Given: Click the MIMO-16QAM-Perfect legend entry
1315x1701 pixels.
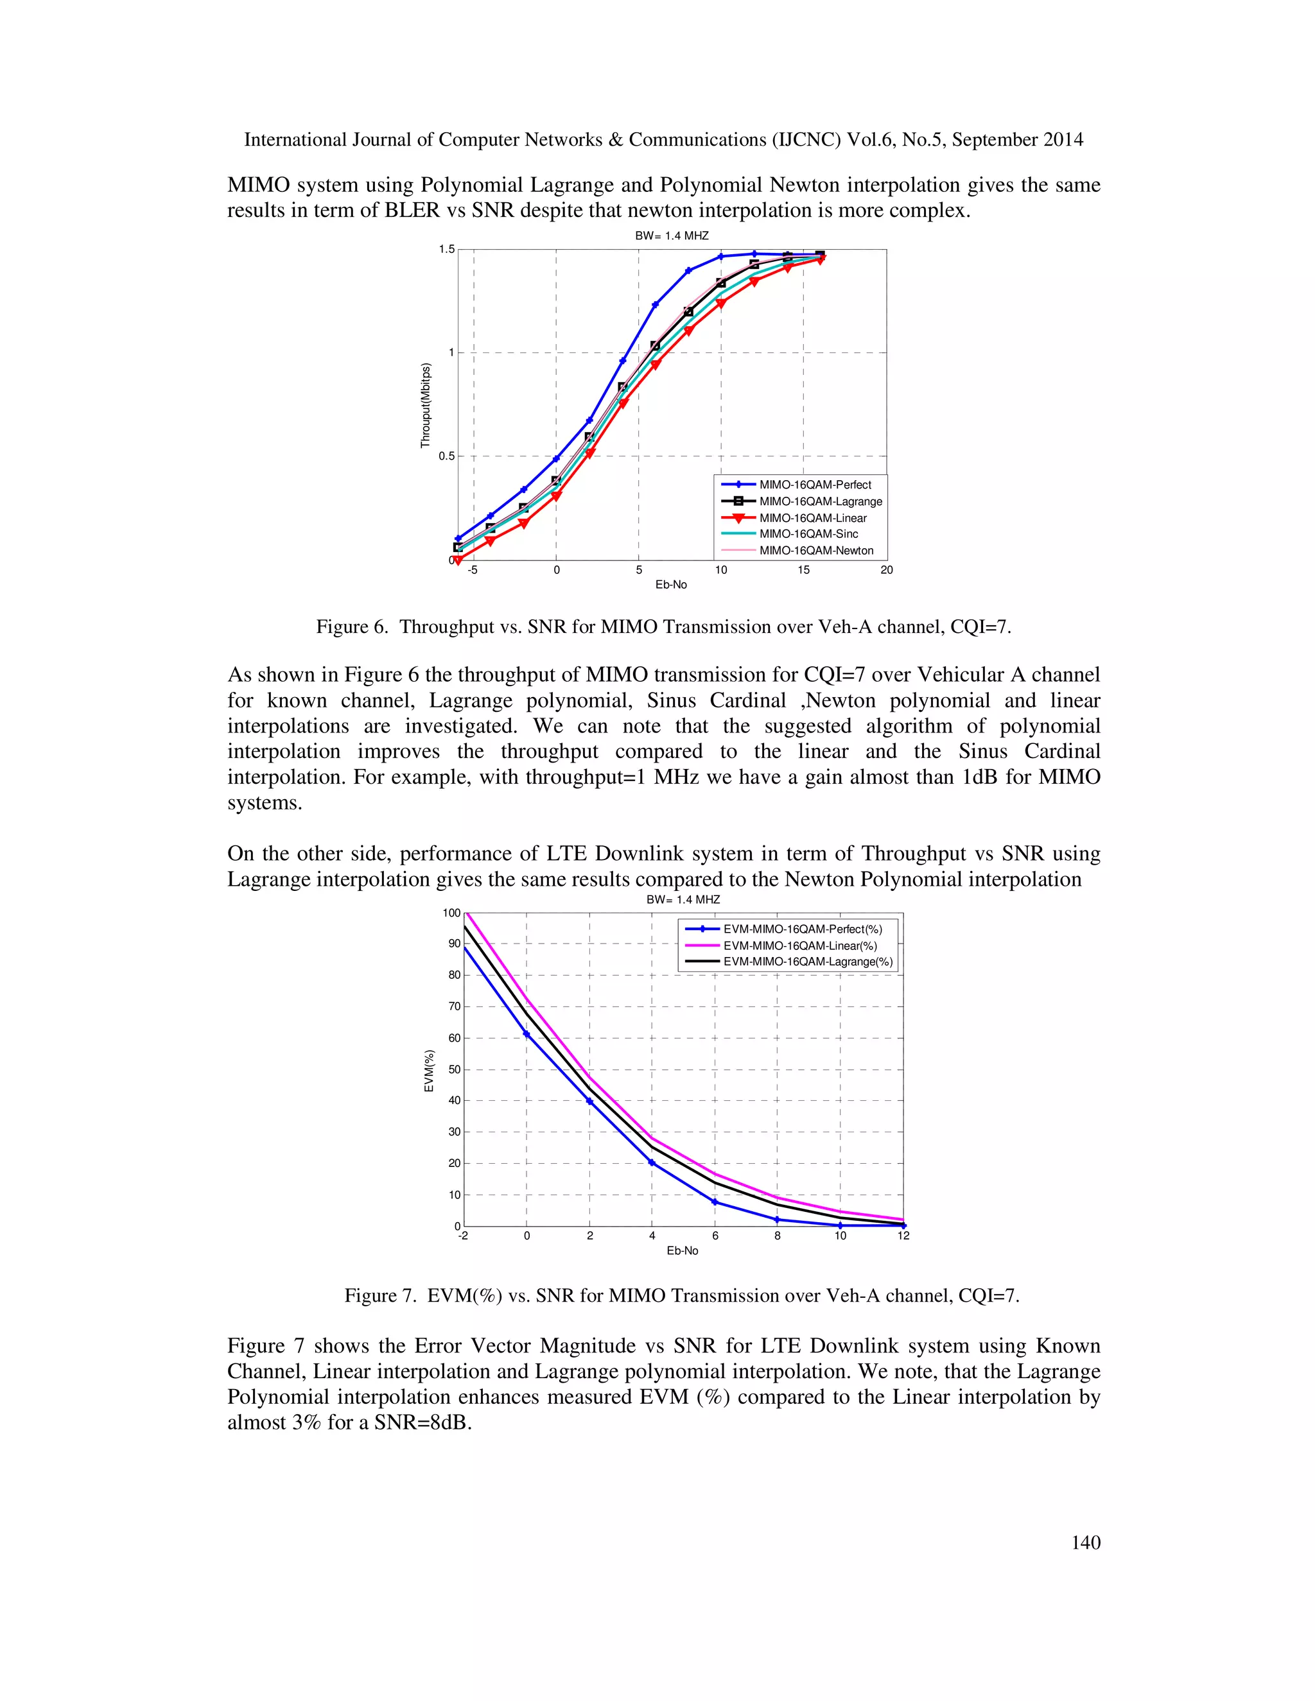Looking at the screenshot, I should tap(815, 485).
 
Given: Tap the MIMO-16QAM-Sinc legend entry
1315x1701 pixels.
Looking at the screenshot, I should tap(808, 534).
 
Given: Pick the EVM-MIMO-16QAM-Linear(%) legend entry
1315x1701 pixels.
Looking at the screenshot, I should tap(799, 945).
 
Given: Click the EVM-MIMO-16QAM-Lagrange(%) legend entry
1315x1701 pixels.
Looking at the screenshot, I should tap(807, 962).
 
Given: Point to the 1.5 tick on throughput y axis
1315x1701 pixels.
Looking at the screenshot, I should tap(446, 250).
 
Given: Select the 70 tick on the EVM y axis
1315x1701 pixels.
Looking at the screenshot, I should tap(454, 1006).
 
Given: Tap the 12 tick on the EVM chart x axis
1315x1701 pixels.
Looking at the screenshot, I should tap(903, 1236).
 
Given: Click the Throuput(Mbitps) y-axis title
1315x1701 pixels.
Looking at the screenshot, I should tap(425, 405).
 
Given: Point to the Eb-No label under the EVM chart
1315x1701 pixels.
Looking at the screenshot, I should tap(682, 1251).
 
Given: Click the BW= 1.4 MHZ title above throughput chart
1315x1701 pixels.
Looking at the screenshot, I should tap(672, 235).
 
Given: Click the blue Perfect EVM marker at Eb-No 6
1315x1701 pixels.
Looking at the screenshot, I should tap(715, 1202).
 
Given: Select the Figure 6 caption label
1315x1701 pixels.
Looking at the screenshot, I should tap(351, 627).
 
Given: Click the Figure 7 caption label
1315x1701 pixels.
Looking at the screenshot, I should tap(380, 1296).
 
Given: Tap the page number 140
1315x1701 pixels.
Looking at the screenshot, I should tap(1085, 1543).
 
